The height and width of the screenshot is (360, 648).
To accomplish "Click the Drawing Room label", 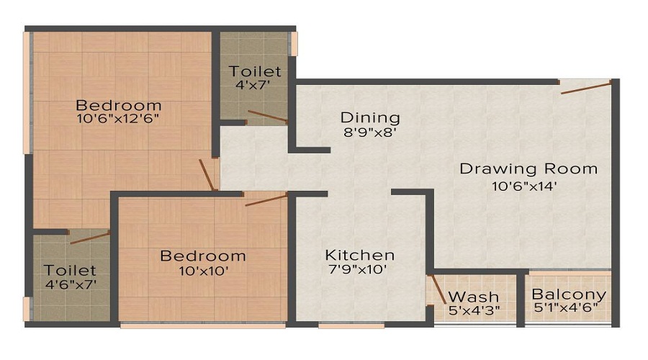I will (528, 169).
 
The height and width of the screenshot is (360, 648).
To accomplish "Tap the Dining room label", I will (370, 117).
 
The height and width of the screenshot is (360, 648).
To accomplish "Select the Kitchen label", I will (359, 255).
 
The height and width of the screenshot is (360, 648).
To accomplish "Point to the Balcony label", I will (568, 295).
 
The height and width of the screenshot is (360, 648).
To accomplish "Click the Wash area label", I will (473, 297).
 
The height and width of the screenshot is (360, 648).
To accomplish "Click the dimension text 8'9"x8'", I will (370, 132).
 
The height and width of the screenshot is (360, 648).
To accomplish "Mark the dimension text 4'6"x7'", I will (69, 284).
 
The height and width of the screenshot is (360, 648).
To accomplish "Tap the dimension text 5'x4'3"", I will (473, 311).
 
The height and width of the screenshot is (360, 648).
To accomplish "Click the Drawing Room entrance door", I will (586, 87).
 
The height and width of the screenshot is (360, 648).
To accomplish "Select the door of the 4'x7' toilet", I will (267, 117).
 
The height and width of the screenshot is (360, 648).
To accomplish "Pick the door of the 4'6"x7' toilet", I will (89, 238).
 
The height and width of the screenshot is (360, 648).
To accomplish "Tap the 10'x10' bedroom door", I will (266, 199).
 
